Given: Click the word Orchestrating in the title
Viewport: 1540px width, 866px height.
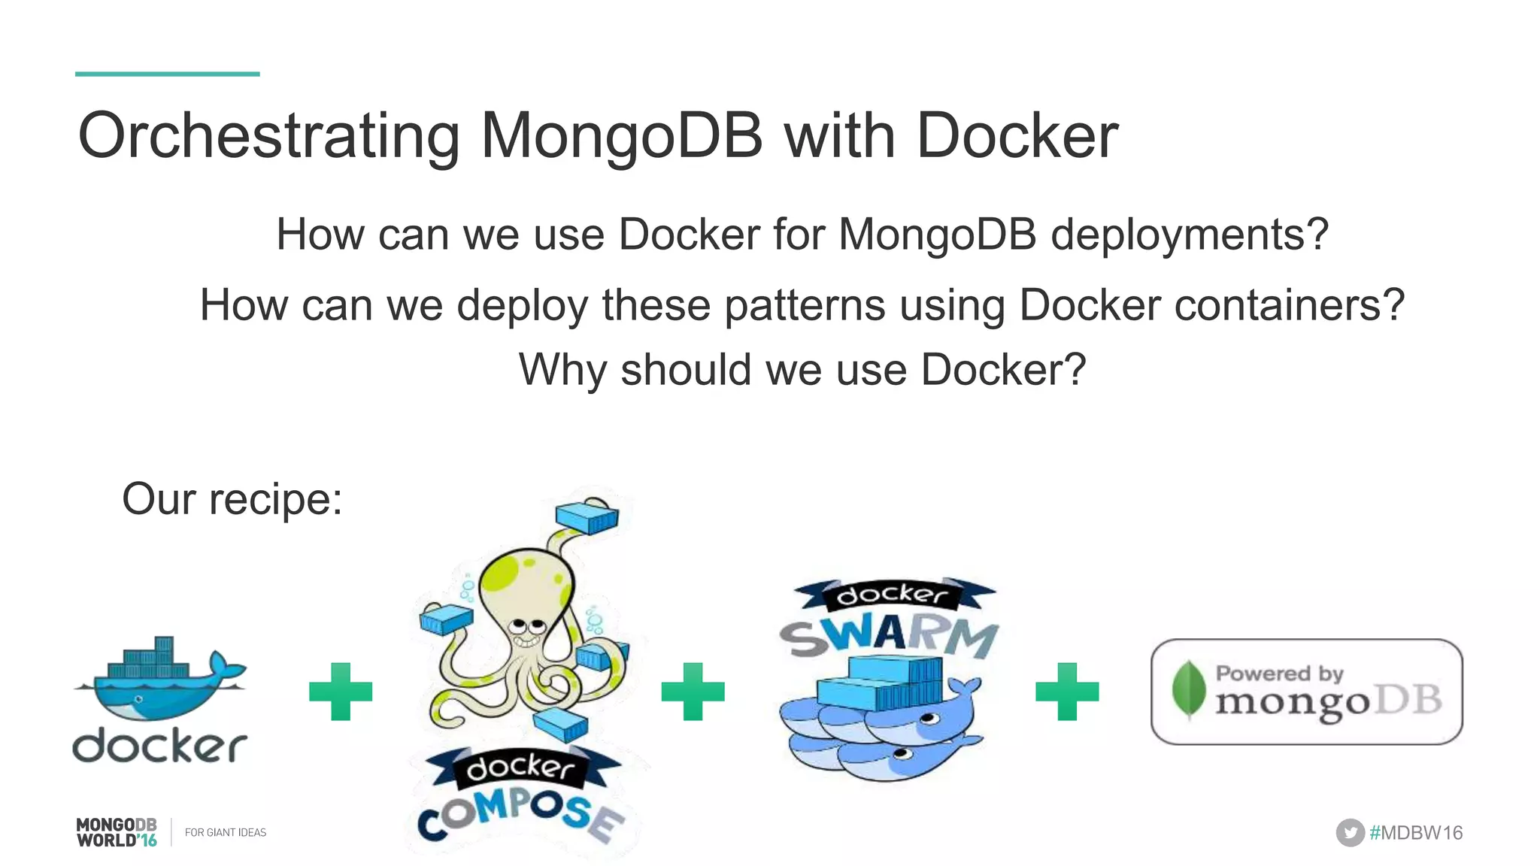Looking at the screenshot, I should [268, 137].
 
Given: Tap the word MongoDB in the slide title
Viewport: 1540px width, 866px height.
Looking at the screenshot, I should [621, 135].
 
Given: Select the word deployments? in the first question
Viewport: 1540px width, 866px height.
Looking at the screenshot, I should [1190, 235].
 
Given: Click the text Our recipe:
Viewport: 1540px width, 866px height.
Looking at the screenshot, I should [232, 498].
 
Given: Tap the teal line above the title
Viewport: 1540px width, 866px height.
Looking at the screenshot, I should [167, 74].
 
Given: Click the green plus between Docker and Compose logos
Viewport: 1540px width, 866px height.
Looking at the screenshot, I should [341, 692].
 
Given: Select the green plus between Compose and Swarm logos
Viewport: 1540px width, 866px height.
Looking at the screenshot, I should [693, 692].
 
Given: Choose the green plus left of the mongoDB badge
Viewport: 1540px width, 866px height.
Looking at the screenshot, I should [1067, 692].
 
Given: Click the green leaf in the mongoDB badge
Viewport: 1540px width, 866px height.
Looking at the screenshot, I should [1188, 689].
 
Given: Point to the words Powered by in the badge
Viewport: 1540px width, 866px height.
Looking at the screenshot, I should [1280, 673].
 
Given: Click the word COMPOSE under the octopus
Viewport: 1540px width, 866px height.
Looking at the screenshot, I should [521, 816].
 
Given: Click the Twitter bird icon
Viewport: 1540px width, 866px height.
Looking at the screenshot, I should [1350, 833].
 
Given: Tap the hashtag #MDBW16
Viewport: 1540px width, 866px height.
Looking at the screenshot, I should [1416, 833].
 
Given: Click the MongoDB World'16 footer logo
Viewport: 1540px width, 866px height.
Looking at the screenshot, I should [117, 832].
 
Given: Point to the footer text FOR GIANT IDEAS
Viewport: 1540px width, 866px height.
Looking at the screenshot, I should [226, 833].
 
